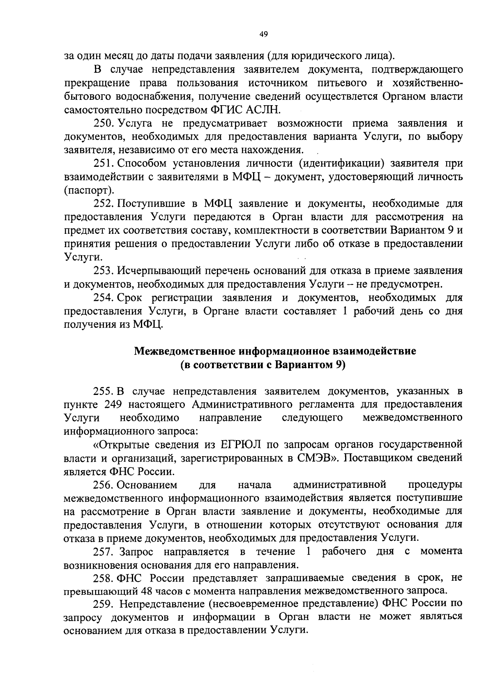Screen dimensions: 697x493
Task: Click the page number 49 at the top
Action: coord(263,35)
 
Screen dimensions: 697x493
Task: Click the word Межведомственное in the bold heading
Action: coord(185,351)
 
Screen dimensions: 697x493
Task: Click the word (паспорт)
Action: coord(88,190)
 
